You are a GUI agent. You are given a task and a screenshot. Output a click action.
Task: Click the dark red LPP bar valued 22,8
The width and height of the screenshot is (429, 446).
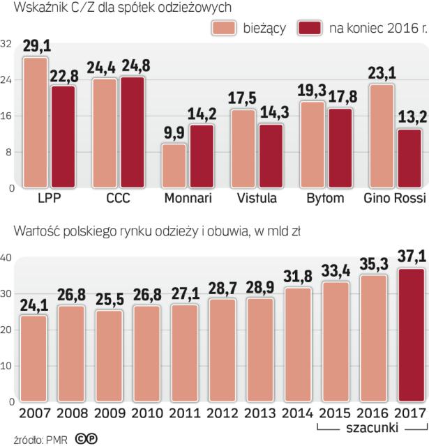click(62, 137)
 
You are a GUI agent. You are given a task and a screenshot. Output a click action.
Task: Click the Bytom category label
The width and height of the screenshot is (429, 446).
click(325, 198)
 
